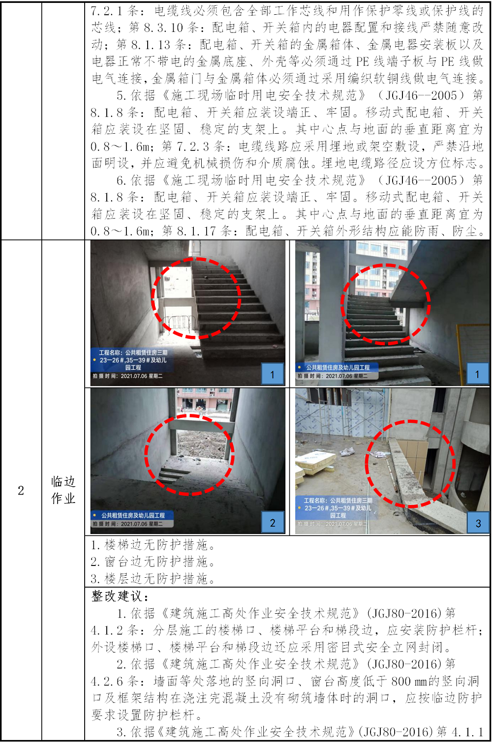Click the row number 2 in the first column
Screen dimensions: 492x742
pyautogui.click(x=21, y=491)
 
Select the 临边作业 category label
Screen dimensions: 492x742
pyautogui.click(x=63, y=490)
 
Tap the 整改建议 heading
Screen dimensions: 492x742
pyautogui.click(x=120, y=596)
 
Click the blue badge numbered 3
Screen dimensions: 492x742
pyautogui.click(x=478, y=523)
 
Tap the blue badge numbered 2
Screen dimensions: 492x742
pyautogui.click(x=273, y=522)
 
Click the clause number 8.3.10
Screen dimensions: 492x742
pyautogui.click(x=163, y=28)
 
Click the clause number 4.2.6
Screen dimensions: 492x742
pyautogui.click(x=107, y=681)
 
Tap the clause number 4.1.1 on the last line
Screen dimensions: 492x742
pyautogui.click(x=467, y=732)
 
